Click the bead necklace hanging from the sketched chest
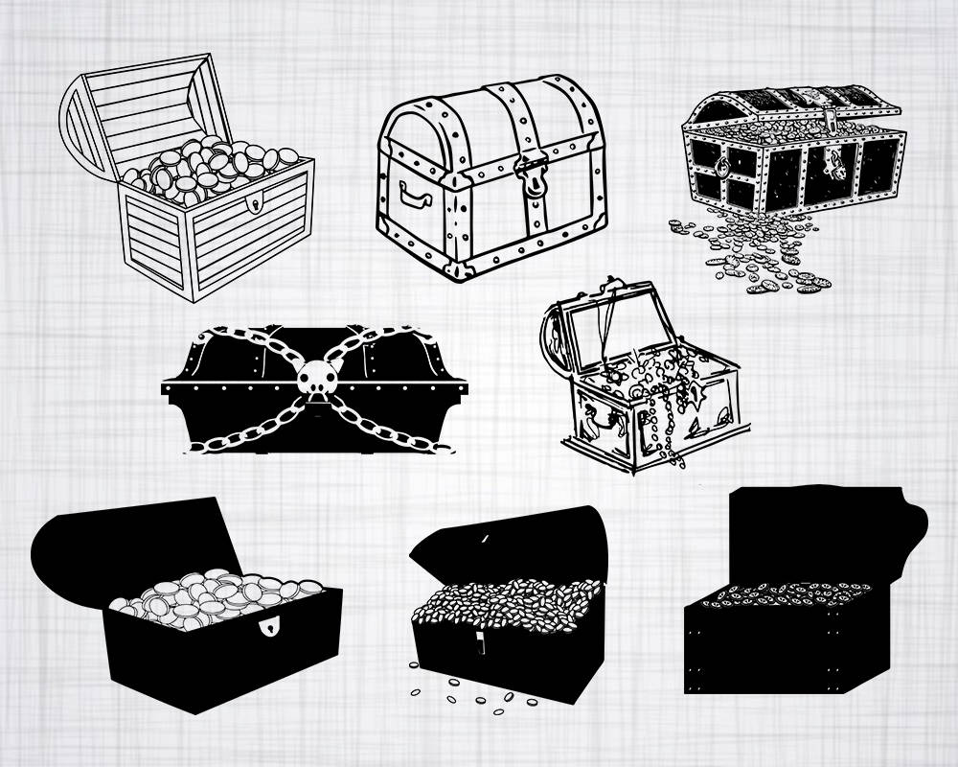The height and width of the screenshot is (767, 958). [661, 422]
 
